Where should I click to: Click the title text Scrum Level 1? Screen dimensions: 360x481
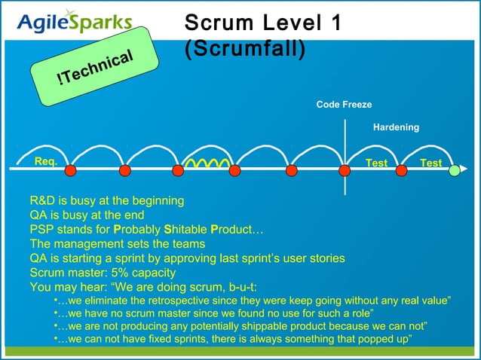(262, 23)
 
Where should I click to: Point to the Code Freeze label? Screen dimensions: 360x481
(344, 105)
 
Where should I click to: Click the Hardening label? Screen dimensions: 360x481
(396, 127)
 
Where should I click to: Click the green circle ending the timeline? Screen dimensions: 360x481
(455, 171)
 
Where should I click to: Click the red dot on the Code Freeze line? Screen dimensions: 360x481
(345, 171)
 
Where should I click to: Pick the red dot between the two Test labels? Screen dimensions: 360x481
(400, 171)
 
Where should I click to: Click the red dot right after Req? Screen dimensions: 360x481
(70, 171)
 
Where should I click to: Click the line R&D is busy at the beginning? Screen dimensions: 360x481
(106, 201)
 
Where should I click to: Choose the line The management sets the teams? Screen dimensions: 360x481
(117, 244)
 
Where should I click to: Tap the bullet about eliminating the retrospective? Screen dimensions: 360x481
(253, 301)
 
